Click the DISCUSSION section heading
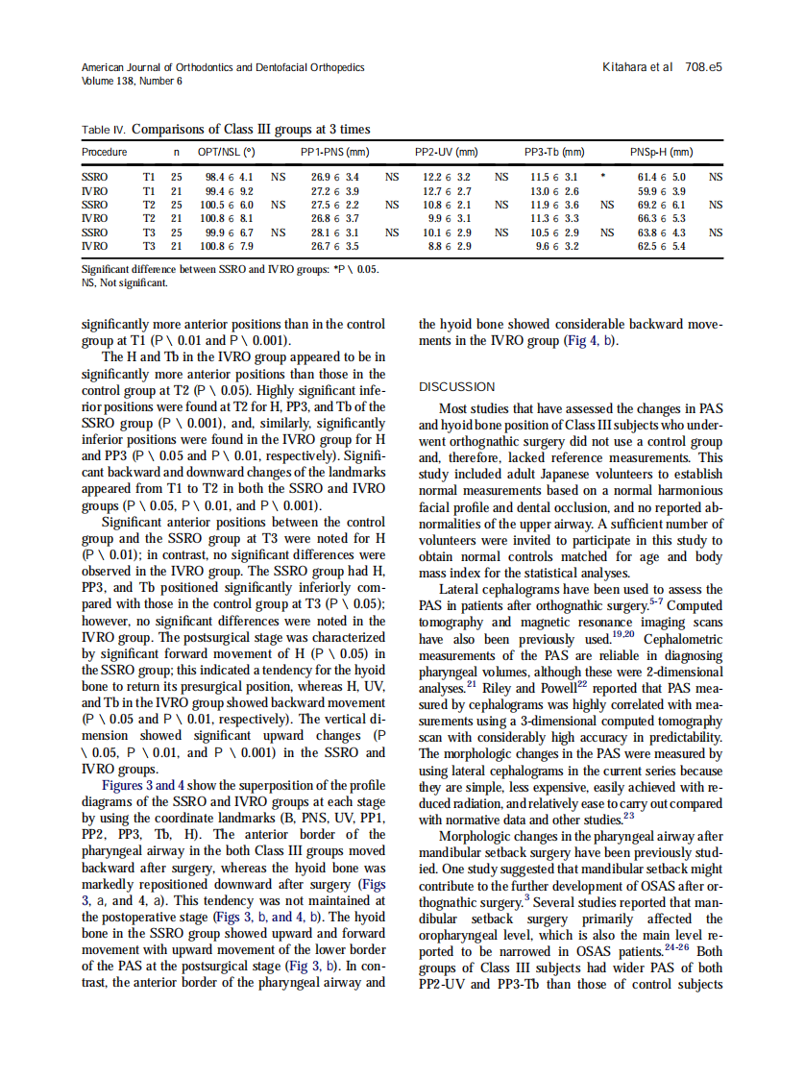(457, 387)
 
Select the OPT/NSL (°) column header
(226, 152)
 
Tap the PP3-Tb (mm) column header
(554, 152)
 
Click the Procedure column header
(105, 152)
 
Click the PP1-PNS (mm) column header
(334, 152)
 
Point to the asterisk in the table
(602, 178)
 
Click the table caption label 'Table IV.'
(104, 130)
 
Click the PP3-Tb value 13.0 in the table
(542, 191)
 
